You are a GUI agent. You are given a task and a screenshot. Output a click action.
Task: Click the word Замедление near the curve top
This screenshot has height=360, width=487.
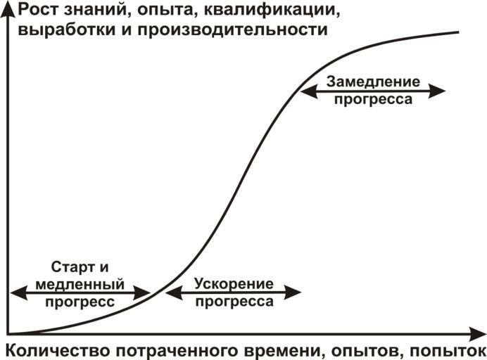click(x=373, y=81)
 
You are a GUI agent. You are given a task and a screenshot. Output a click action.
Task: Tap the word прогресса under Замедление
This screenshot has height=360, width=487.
click(x=373, y=100)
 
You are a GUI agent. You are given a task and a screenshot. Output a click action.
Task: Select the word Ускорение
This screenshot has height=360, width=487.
click(x=234, y=283)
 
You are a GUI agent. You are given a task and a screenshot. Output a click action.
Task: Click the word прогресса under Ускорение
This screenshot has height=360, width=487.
click(x=234, y=302)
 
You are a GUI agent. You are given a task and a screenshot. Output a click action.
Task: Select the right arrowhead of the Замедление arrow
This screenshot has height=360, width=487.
click(x=441, y=91)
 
